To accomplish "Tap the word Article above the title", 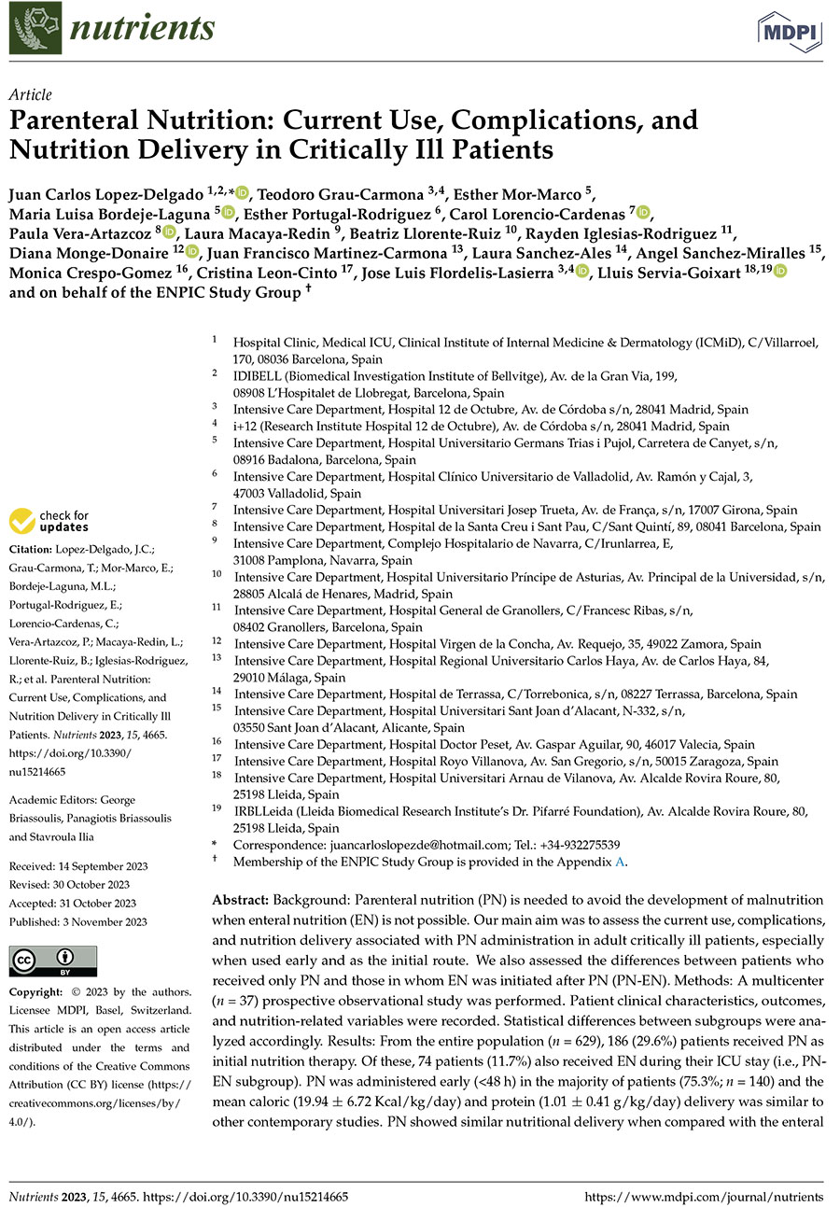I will pyautogui.click(x=30, y=95).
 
